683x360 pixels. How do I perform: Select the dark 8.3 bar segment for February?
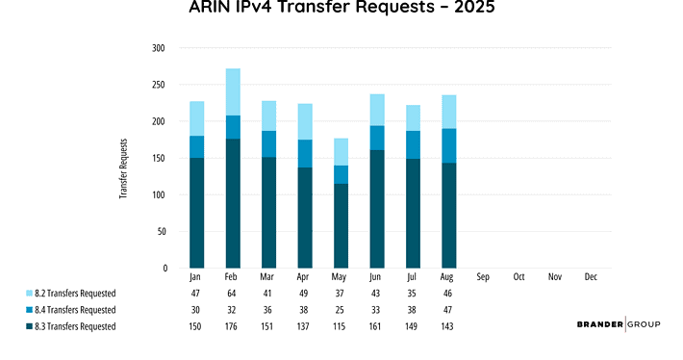point(233,203)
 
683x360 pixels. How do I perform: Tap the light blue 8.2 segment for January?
point(196,118)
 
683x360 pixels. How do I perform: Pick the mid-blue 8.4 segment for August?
point(448,145)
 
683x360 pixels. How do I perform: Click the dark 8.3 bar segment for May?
point(341,225)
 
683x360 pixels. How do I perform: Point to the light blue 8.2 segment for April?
point(305,121)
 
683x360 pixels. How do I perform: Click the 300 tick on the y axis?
point(159,48)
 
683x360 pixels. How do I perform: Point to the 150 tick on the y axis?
point(159,158)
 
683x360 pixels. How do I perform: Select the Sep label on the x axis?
point(484,277)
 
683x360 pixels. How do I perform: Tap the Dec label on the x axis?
point(591,277)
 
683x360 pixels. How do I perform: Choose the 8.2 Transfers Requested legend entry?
point(81,293)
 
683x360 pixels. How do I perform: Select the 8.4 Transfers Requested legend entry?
point(81,309)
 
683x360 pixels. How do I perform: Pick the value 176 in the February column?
point(233,326)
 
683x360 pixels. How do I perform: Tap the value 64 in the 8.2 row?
point(233,293)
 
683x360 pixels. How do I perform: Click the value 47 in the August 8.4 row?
point(448,309)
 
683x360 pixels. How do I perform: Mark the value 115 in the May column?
point(341,326)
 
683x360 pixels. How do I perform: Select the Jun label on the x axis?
point(376,277)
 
